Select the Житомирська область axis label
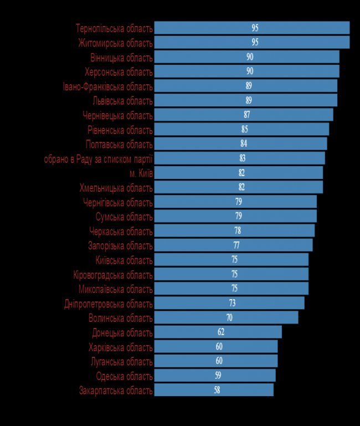pyautogui.click(x=115, y=43)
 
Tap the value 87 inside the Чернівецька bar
pyautogui.click(x=247, y=115)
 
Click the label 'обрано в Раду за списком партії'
pyautogui.click(x=98, y=158)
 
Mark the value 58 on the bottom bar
pyautogui.click(x=217, y=390)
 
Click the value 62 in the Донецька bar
pyautogui.click(x=221, y=332)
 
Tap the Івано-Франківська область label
pyautogui.click(x=107, y=86)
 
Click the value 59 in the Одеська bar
pyautogui.click(x=218, y=376)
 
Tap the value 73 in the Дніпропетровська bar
pyautogui.click(x=233, y=304)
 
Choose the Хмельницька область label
pyautogui.click(x=116, y=188)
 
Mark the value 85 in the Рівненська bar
pyautogui.click(x=245, y=130)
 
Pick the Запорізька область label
pyautogui.click(x=120, y=245)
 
